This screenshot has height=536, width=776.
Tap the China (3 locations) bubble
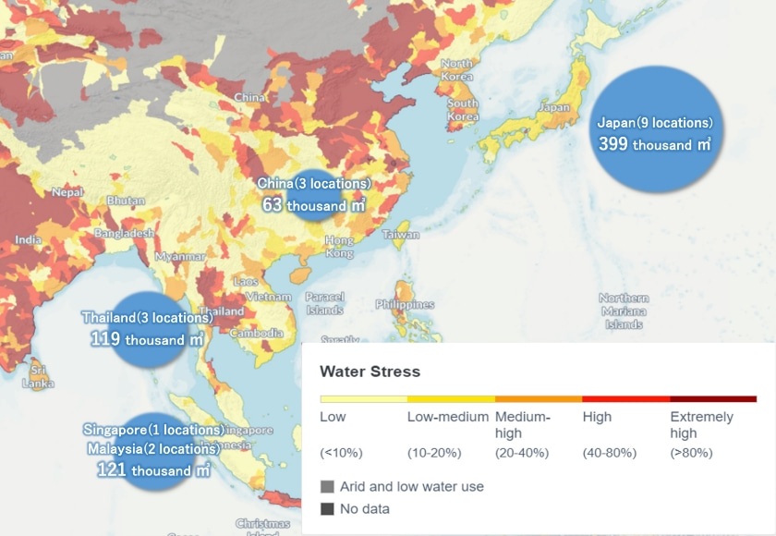pos(314,194)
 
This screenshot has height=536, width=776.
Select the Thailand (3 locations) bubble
pos(147,329)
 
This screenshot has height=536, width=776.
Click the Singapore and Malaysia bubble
pos(153,451)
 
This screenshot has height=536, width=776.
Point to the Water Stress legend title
pos(370,372)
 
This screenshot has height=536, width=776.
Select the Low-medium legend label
pos(447,417)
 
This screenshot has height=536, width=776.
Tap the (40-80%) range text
pos(608,453)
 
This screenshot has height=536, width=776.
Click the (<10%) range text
pos(341,453)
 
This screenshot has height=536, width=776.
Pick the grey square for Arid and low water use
pos(327,486)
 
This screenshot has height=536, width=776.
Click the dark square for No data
pos(327,508)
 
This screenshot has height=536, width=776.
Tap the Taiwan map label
pos(401,235)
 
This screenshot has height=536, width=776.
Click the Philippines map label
pos(405,304)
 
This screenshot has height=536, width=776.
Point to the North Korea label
pos(456,70)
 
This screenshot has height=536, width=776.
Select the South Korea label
pos(462,110)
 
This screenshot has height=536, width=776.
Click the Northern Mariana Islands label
pos(624,311)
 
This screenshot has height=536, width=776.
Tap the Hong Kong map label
pos(339,247)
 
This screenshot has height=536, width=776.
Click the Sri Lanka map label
pos(38,376)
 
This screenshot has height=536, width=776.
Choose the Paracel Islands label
pos(324,303)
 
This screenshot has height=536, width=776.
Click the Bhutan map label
pos(126,201)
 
